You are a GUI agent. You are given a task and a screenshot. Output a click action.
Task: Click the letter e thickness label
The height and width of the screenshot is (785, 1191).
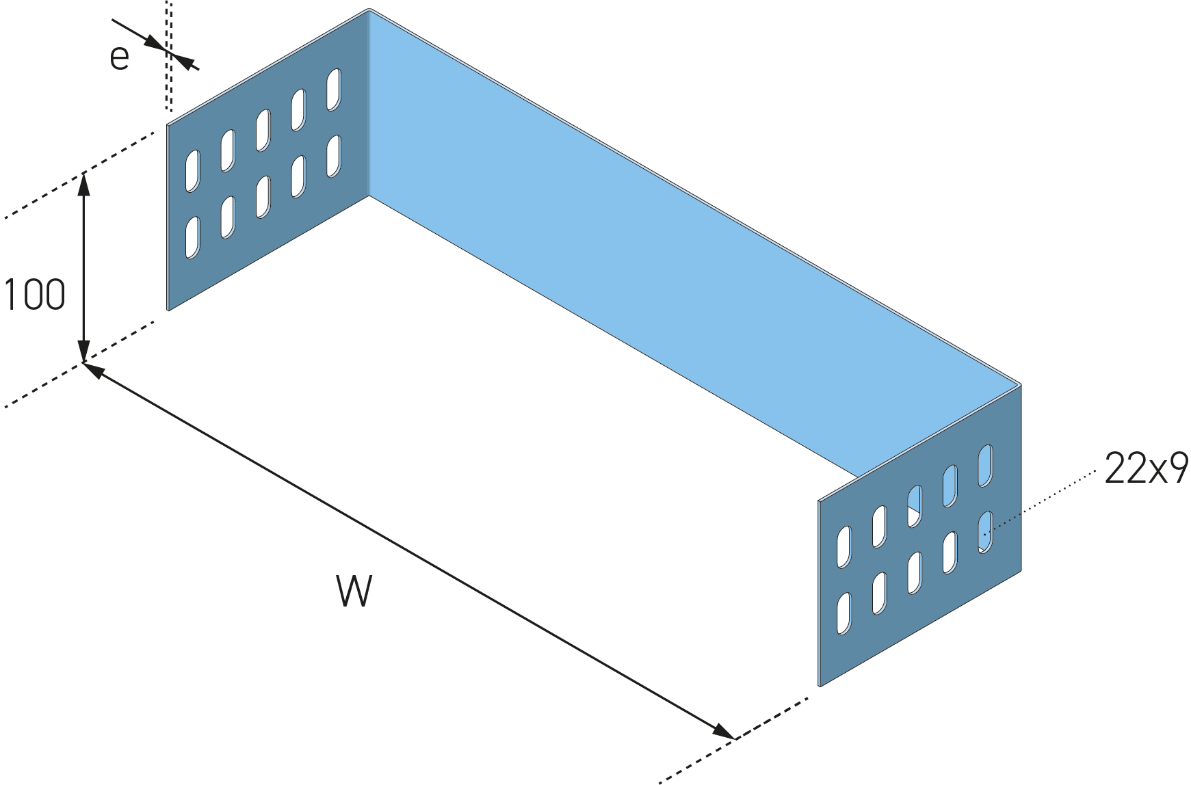tap(119, 57)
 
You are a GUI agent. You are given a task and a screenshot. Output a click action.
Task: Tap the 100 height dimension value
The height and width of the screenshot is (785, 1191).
tap(34, 295)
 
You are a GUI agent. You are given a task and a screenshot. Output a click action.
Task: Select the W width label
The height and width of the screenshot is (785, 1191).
tap(354, 591)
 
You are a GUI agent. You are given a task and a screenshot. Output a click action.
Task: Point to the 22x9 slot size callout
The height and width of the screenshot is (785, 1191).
tap(1146, 469)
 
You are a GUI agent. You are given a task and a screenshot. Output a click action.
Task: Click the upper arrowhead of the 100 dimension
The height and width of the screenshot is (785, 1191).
tap(83, 183)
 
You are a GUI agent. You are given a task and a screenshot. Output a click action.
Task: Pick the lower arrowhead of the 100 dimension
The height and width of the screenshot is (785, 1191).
tap(83, 350)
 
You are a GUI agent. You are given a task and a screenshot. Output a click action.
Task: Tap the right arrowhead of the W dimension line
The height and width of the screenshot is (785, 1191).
tap(724, 732)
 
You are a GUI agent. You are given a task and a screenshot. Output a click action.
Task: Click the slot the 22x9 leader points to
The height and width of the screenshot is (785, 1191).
tap(985, 532)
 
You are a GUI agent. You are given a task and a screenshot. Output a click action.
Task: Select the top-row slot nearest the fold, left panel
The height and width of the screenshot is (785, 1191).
tap(334, 90)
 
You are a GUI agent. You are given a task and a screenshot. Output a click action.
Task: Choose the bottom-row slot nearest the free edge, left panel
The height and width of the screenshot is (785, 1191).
tap(193, 238)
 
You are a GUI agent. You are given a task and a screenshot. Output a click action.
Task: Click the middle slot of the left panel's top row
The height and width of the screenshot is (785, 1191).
tap(263, 130)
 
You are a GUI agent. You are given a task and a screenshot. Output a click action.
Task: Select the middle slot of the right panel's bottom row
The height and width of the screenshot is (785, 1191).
tap(915, 572)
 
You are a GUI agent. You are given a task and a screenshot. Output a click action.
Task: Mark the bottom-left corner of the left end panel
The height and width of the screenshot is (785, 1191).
tap(168, 310)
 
